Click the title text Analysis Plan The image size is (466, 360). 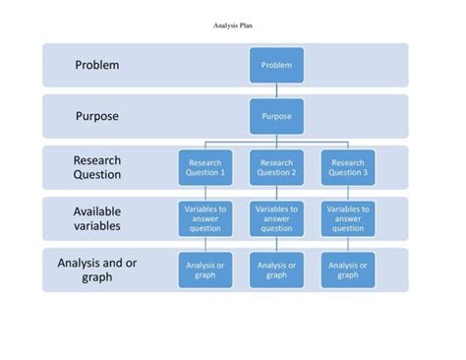233,27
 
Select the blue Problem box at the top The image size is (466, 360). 276,65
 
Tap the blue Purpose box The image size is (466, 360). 276,116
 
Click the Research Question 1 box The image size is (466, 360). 205,167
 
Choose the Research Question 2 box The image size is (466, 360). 276,167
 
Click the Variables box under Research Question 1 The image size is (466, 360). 205,218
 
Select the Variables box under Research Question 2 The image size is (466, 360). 276,218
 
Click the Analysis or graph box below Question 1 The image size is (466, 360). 205,270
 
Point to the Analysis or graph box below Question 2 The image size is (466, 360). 276,270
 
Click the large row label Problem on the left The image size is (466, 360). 97,65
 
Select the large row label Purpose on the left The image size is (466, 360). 97,116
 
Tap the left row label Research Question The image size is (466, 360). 97,167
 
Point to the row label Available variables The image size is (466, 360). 97,218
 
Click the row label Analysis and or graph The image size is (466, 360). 97,270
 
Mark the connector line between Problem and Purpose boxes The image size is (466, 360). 276,90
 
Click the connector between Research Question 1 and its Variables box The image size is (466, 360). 205,193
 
